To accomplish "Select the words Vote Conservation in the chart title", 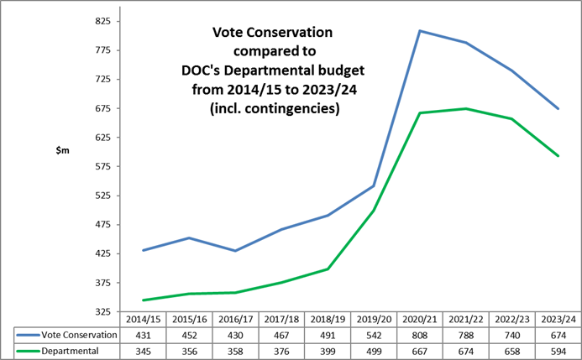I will [x=272, y=33].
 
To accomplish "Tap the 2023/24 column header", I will [x=558, y=320].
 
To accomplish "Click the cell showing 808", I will [x=420, y=335].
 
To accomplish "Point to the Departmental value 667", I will [x=420, y=350].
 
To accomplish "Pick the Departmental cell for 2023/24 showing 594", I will [x=558, y=350].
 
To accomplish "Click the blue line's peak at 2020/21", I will [x=420, y=31].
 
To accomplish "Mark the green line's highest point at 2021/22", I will [x=466, y=108].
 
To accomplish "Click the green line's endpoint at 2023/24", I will [x=558, y=155].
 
